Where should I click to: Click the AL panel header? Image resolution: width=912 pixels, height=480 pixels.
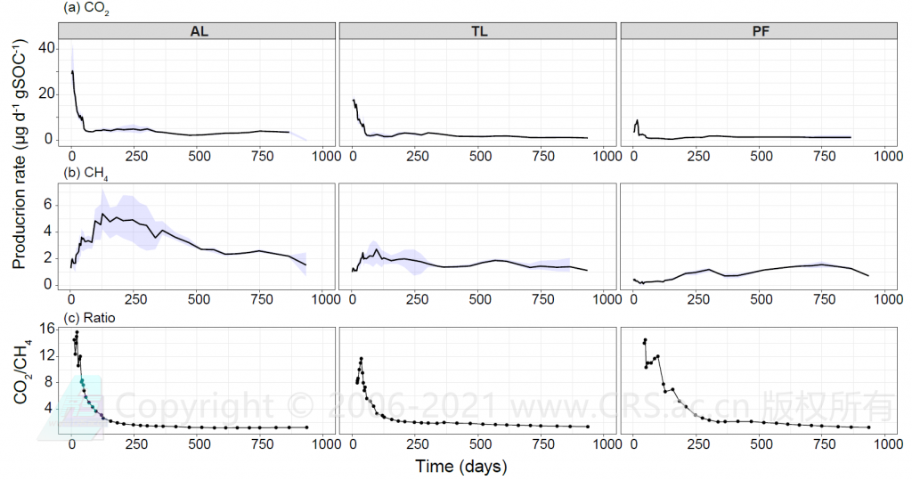pyautogui.click(x=199, y=30)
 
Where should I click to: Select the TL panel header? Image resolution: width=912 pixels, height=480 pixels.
pyautogui.click(x=478, y=30)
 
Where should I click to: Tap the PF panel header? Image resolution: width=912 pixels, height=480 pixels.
pyautogui.click(x=760, y=30)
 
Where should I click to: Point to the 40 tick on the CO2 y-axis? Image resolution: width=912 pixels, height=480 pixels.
pyautogui.click(x=45, y=52)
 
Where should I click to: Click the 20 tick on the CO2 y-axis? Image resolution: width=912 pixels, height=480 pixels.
pyautogui.click(x=45, y=94)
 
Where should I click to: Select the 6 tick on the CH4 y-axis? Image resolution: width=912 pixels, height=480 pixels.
pyautogui.click(x=50, y=205)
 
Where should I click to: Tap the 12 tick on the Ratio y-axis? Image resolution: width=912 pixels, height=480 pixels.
pyautogui.click(x=45, y=354)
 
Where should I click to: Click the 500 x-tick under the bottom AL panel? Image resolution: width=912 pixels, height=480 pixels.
pyautogui.click(x=199, y=444)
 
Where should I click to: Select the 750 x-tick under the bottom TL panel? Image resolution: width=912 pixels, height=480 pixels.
pyautogui.click(x=542, y=444)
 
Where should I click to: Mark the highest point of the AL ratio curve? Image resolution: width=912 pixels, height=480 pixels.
pyautogui.click(x=77, y=332)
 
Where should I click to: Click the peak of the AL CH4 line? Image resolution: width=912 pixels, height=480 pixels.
pyautogui.click(x=103, y=214)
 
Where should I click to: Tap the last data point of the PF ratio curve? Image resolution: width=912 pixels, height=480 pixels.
pyautogui.click(x=868, y=427)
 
